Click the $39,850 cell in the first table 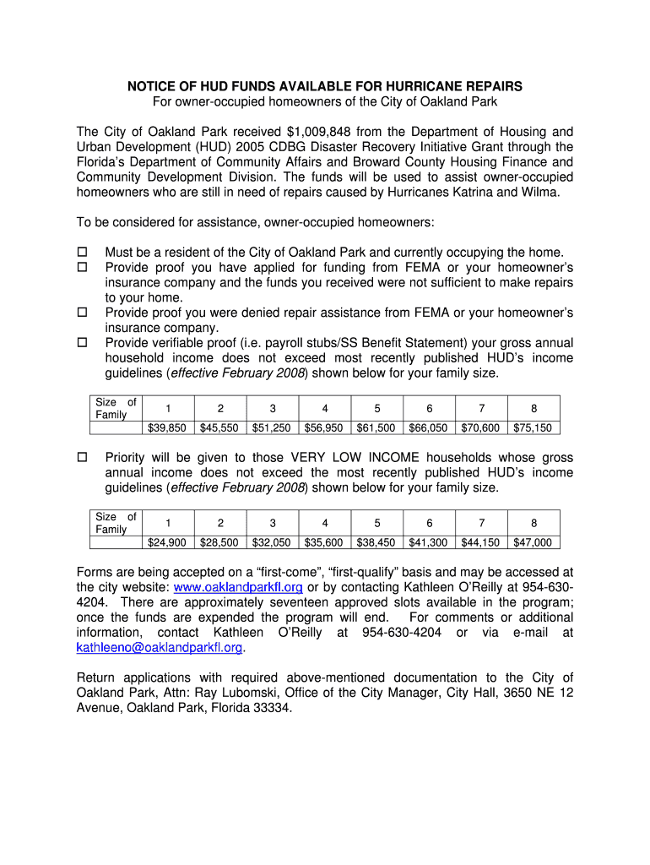(167, 427)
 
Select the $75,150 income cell (533, 427)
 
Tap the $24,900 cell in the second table (167, 542)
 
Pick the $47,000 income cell (533, 542)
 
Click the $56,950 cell (324, 427)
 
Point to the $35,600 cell (324, 542)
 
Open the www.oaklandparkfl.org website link (238, 587)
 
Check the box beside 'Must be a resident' (83, 253)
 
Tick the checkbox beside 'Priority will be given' (83, 457)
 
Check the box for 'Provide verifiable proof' (83, 343)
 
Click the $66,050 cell (428, 427)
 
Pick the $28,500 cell (219, 542)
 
